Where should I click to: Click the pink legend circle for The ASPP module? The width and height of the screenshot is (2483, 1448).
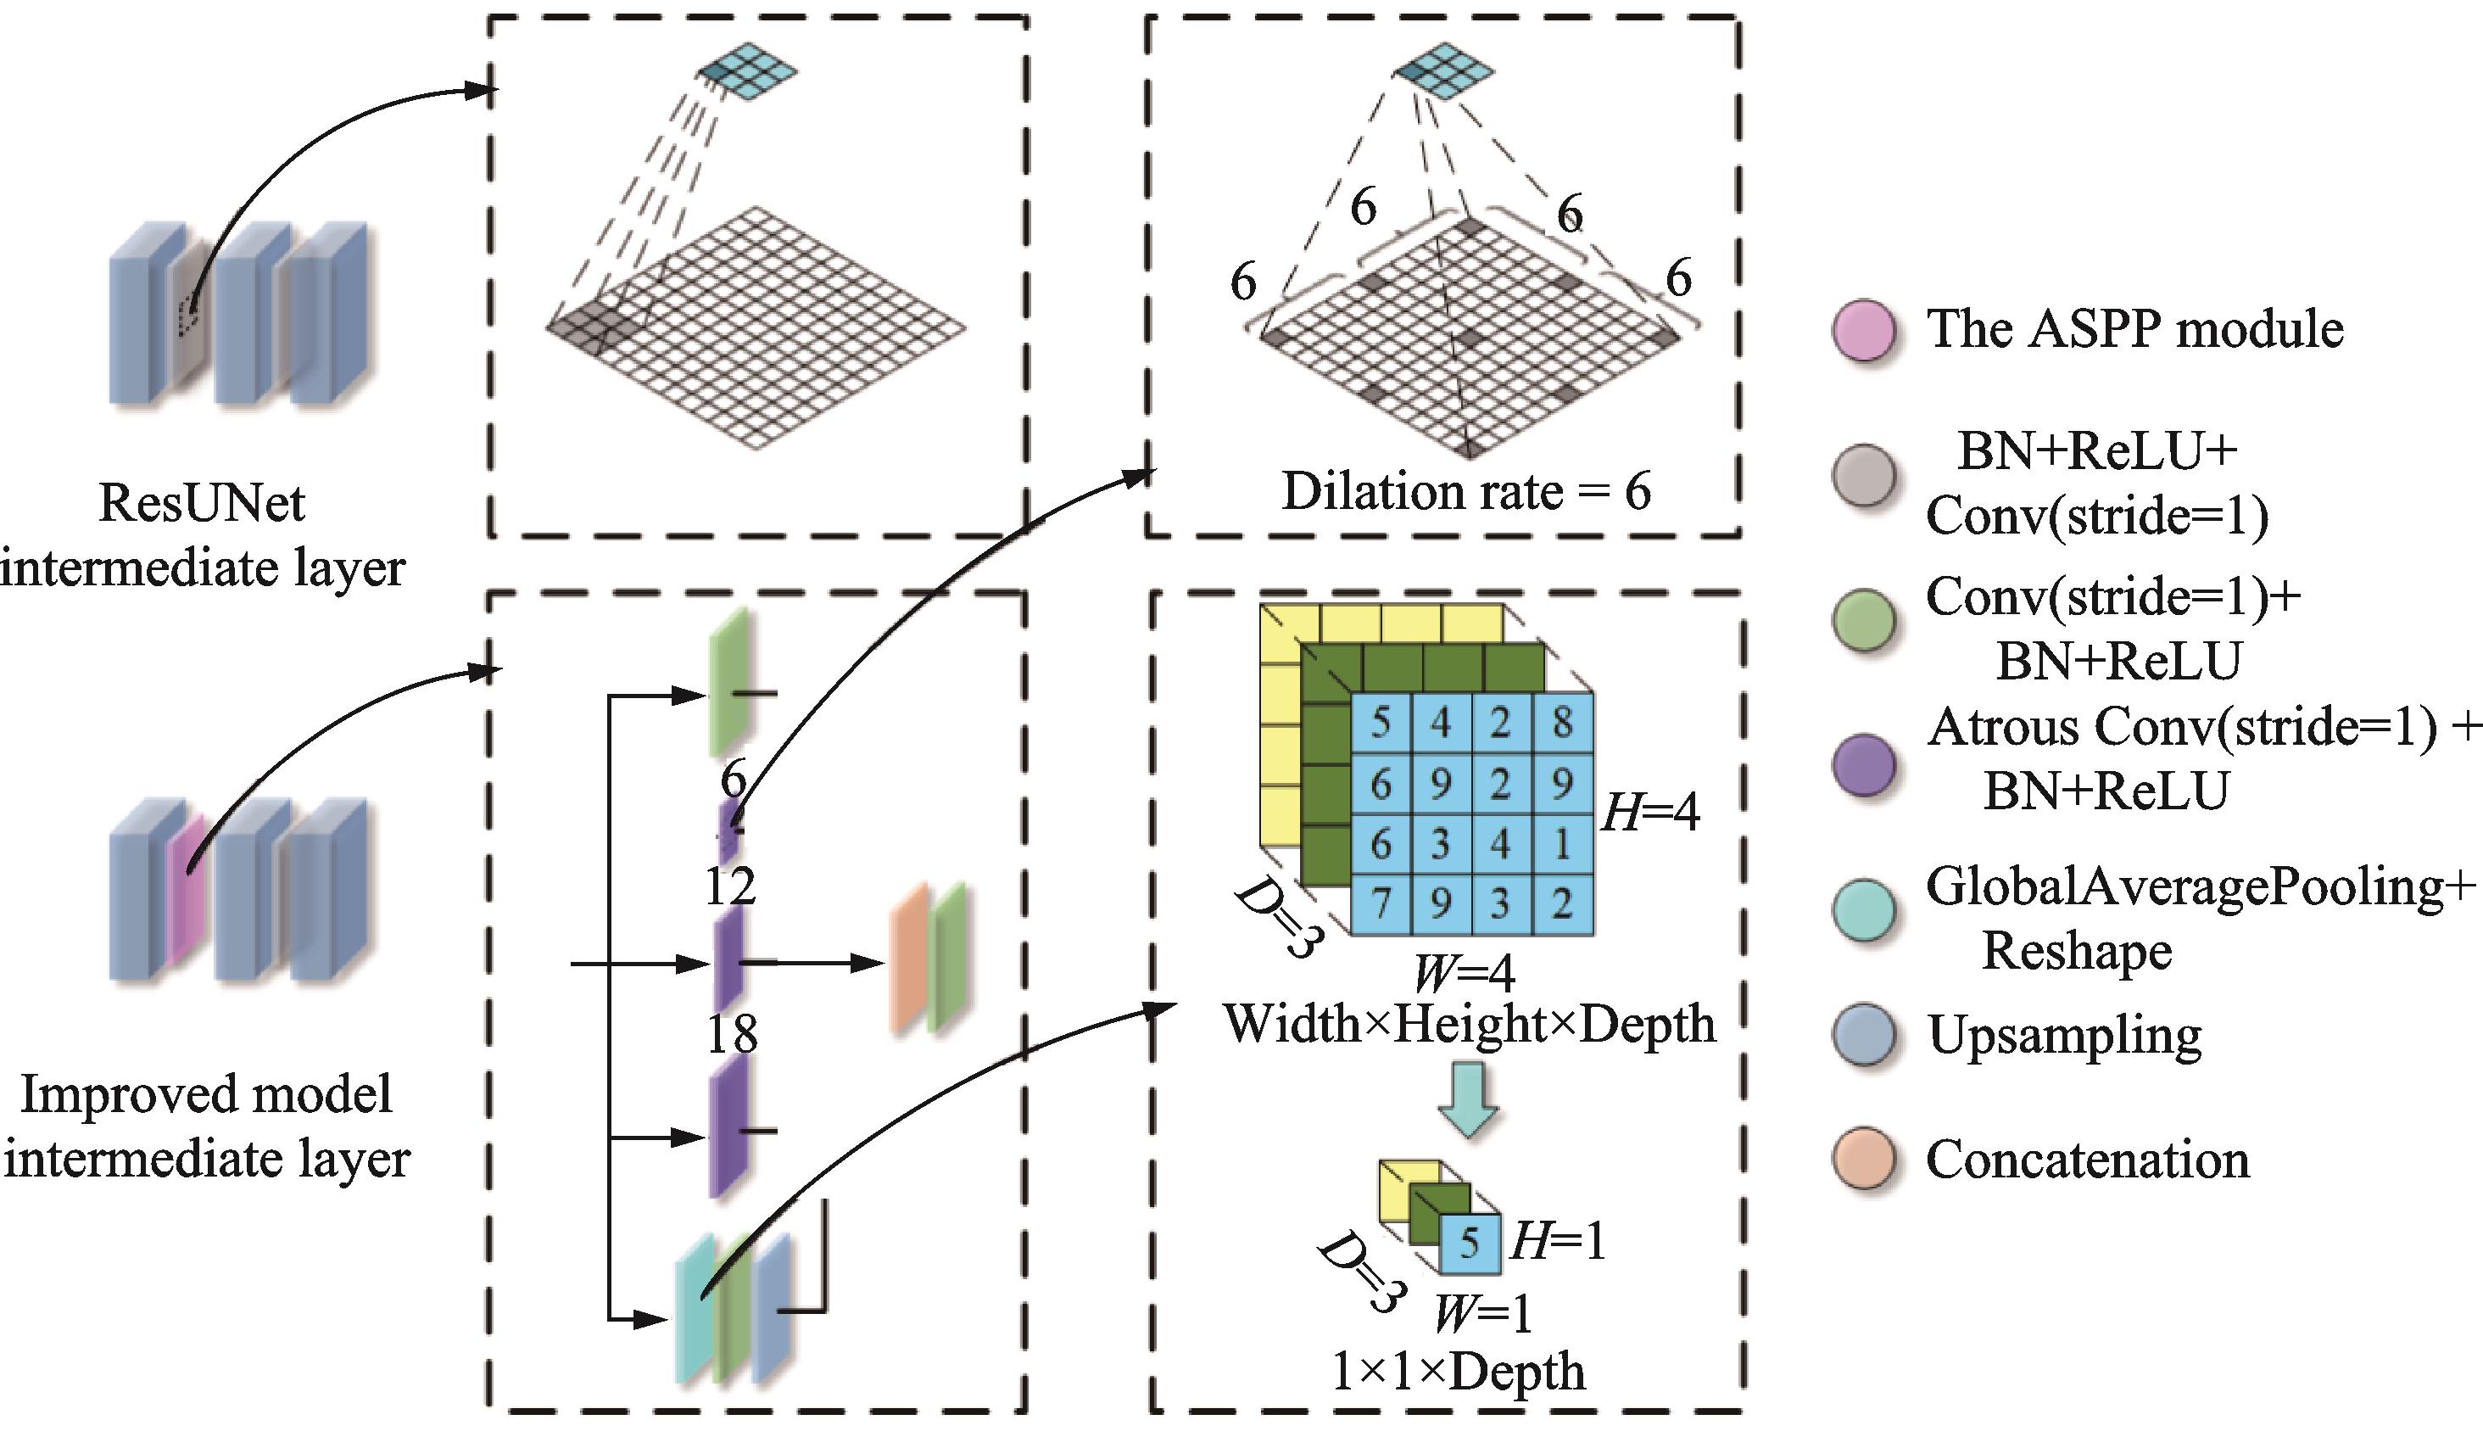(x=1864, y=329)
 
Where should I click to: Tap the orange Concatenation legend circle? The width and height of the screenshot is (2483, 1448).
(x=1864, y=1160)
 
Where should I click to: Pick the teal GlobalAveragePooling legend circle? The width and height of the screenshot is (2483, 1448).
(x=1864, y=908)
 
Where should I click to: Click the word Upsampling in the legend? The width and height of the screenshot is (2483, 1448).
(x=2064, y=1035)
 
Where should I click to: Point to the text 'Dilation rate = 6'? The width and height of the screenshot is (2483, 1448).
(x=1466, y=491)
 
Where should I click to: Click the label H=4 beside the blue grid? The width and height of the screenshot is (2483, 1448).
(x=1651, y=813)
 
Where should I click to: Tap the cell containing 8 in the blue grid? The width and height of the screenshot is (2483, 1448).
(x=1562, y=723)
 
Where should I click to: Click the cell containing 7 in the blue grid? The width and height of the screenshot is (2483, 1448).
(x=1381, y=903)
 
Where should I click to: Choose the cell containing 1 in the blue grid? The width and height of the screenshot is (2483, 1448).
(x=1562, y=844)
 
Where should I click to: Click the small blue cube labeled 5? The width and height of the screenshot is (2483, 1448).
(x=1469, y=1243)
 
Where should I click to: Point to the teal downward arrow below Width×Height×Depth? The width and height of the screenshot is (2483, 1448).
(x=1468, y=1099)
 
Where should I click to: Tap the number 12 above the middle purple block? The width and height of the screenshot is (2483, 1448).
(x=730, y=886)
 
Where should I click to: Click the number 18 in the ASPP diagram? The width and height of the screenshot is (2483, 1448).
(x=732, y=1034)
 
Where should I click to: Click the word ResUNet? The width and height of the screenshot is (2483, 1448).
(x=202, y=503)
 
